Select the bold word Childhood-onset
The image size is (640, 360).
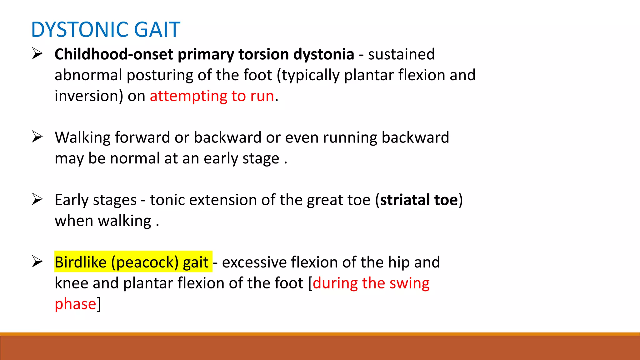tap(114, 54)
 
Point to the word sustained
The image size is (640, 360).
tap(401, 54)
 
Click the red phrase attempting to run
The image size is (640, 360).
tap(212, 96)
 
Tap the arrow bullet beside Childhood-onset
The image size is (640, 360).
tap(37, 54)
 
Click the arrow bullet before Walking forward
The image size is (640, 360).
tap(37, 137)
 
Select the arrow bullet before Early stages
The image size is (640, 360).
tap(37, 199)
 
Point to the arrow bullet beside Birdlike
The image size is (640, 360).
tap(37, 262)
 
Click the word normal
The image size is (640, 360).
tap(135, 158)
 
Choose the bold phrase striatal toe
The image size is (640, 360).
tap(419, 200)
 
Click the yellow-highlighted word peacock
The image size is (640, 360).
tap(145, 262)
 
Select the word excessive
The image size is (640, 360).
tap(254, 262)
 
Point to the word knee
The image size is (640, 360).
tap(71, 283)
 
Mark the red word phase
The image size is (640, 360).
tap(75, 304)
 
